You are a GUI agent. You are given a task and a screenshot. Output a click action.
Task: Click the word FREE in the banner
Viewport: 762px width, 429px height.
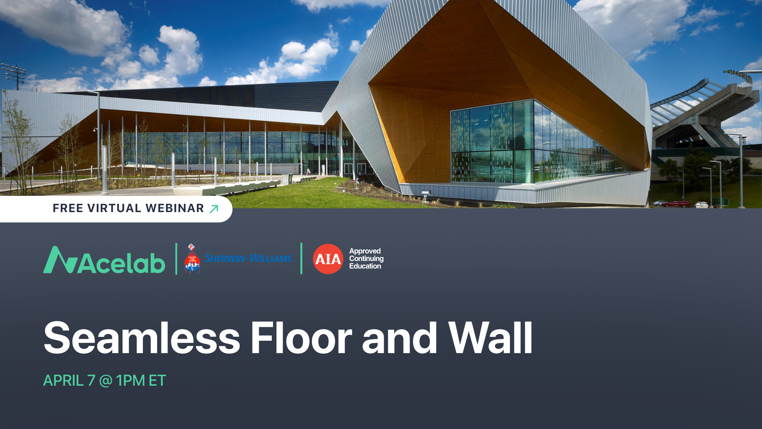pyautogui.click(x=68, y=208)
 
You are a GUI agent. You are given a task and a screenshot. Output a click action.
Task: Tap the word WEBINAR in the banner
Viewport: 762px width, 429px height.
pyautogui.click(x=175, y=208)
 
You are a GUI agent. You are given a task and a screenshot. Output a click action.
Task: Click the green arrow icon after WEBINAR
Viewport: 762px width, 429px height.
pyautogui.click(x=214, y=209)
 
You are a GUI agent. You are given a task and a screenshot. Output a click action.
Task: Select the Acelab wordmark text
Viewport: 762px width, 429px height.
pyautogui.click(x=121, y=263)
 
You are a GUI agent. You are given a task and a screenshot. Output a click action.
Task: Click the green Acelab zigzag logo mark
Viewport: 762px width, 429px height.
pyautogui.click(x=60, y=260)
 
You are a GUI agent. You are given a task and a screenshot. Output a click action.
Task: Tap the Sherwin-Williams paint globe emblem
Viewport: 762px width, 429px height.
pyautogui.click(x=192, y=259)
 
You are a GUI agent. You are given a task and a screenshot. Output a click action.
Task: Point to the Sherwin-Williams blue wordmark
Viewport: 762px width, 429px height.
pyautogui.click(x=248, y=258)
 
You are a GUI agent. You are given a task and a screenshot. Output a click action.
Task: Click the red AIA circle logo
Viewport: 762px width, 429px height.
pyautogui.click(x=328, y=259)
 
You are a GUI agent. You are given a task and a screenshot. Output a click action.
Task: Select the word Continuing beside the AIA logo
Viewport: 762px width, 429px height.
pyautogui.click(x=366, y=259)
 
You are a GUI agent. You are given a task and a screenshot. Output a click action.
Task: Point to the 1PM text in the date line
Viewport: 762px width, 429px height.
pyautogui.click(x=130, y=381)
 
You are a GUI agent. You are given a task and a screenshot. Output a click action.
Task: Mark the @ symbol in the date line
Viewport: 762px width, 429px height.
pyautogui.click(x=106, y=381)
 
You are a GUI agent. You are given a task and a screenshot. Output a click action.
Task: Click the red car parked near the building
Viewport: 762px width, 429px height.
pyautogui.click(x=676, y=204)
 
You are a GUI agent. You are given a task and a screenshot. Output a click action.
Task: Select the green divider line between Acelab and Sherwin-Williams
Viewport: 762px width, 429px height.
pyautogui.click(x=176, y=259)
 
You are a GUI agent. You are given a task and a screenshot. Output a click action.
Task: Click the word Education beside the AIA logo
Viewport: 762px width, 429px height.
pyautogui.click(x=365, y=266)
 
